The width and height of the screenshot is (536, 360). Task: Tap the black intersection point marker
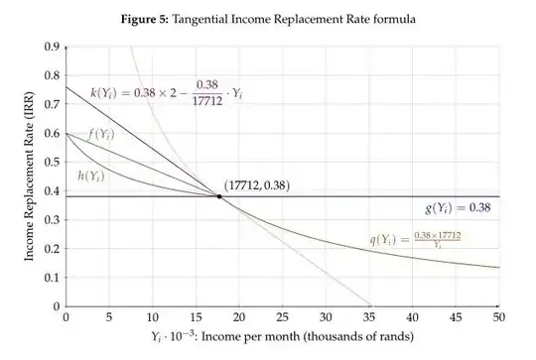click(219, 196)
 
